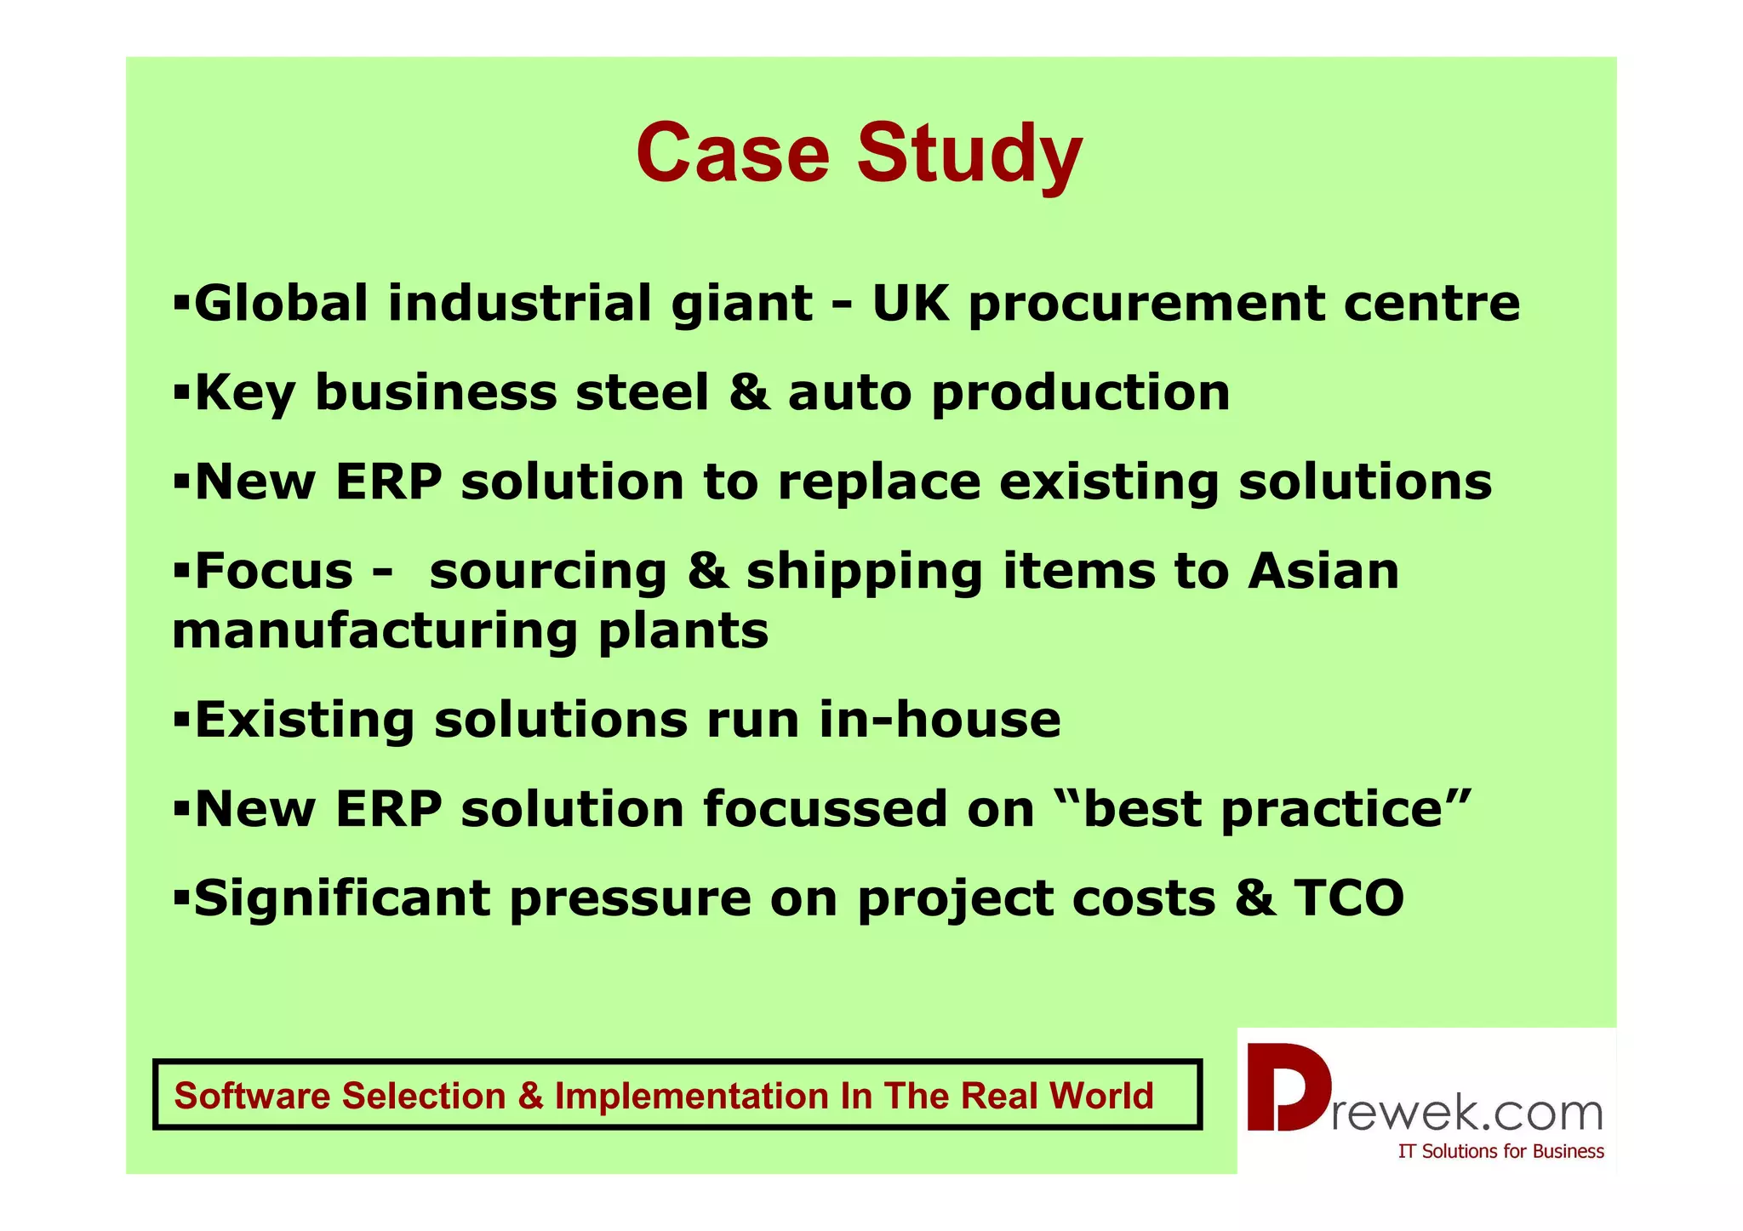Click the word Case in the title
pyautogui.click(x=732, y=153)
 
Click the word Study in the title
pyautogui.click(x=969, y=156)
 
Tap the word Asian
pyautogui.click(x=1323, y=571)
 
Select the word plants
pyautogui.click(x=683, y=631)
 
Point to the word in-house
pyautogui.click(x=940, y=720)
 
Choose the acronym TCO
pyautogui.click(x=1349, y=898)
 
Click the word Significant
pyautogui.click(x=342, y=899)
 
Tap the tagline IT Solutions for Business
pyautogui.click(x=1500, y=1151)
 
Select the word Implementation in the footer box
pyautogui.click(x=692, y=1096)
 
